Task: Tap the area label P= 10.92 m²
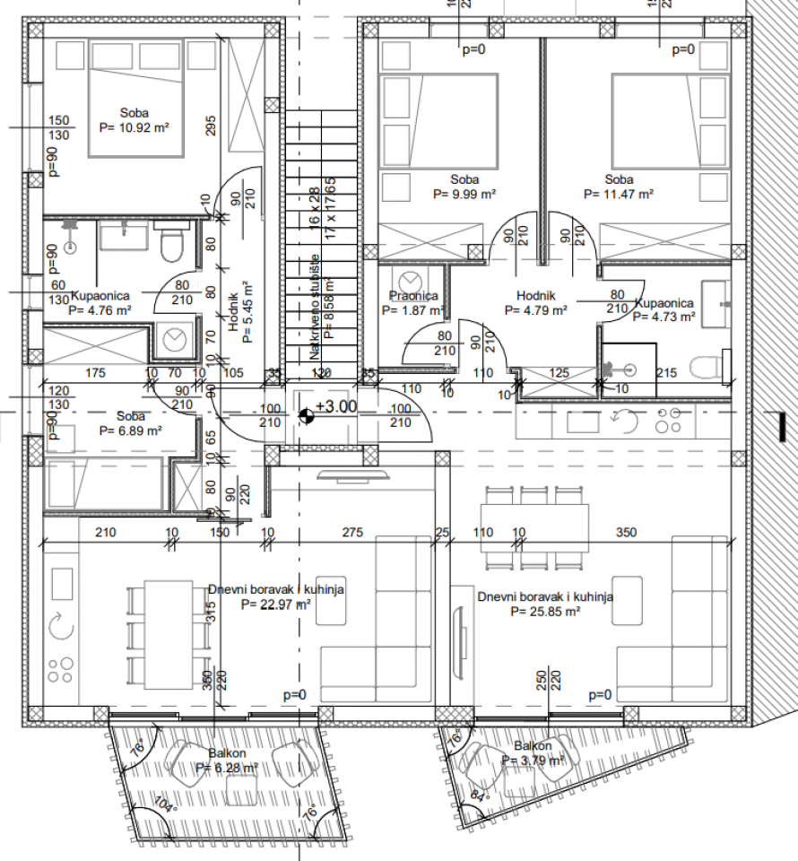(x=134, y=128)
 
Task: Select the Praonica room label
(x=413, y=296)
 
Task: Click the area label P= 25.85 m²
(x=545, y=611)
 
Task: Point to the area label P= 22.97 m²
(x=276, y=604)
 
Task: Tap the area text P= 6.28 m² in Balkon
(x=226, y=769)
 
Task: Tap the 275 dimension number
(x=352, y=533)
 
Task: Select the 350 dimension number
(x=626, y=533)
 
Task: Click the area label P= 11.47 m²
(x=618, y=194)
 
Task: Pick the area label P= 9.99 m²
(x=464, y=194)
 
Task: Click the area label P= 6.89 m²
(x=130, y=430)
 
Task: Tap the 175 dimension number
(x=94, y=372)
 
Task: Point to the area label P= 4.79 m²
(x=536, y=310)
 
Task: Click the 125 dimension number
(x=559, y=372)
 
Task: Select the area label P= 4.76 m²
(x=100, y=310)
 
